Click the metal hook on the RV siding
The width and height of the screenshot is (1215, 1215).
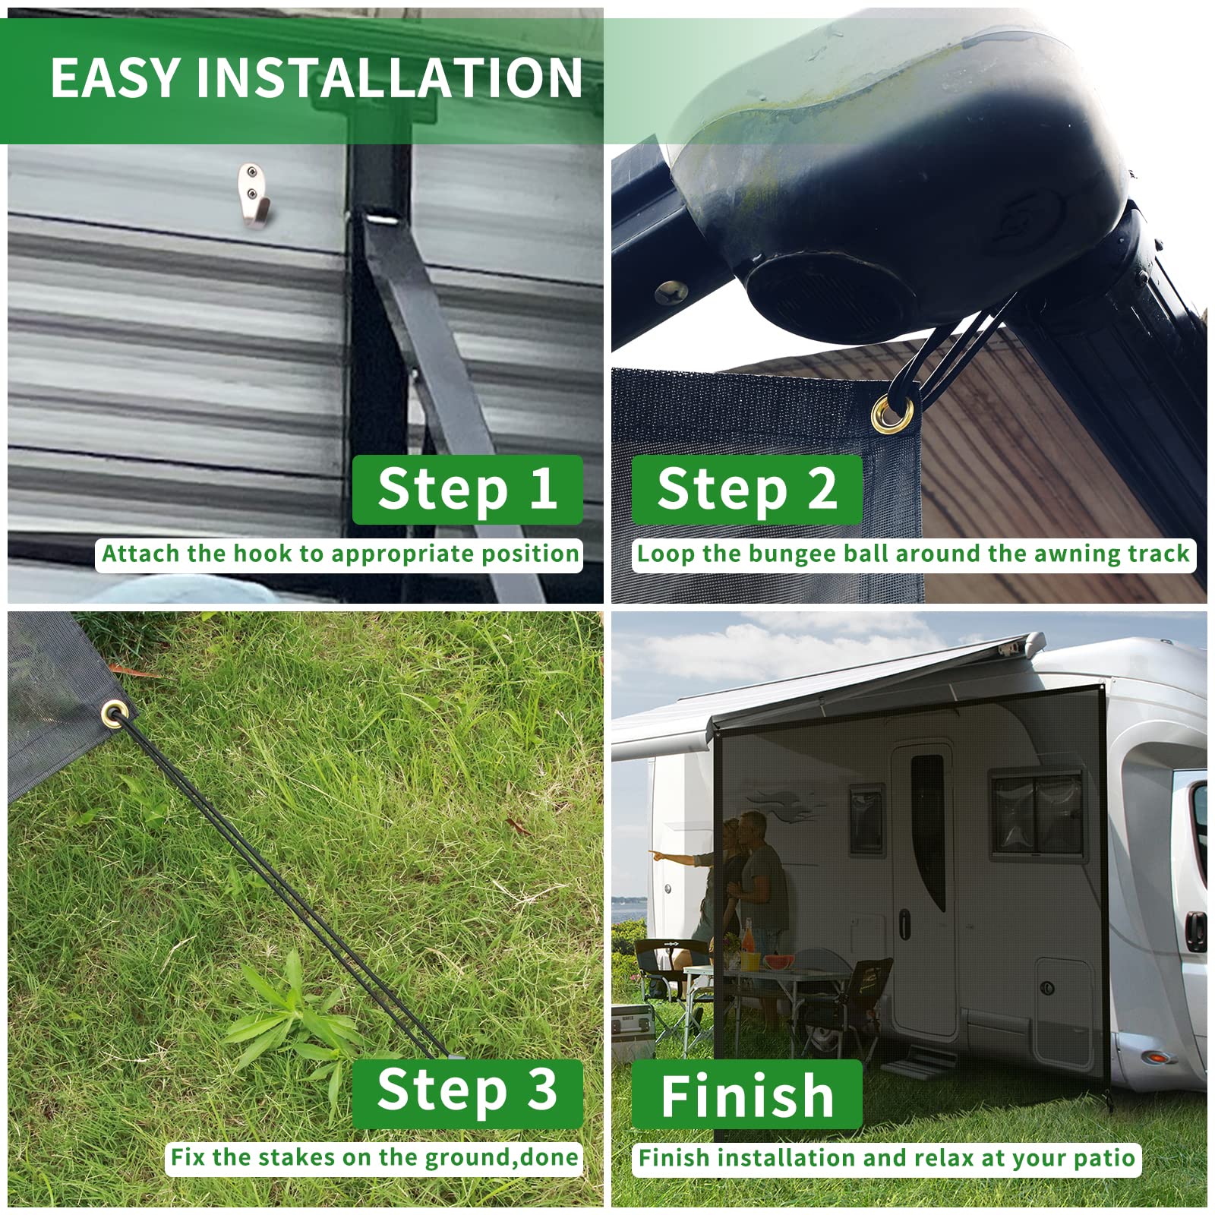251,194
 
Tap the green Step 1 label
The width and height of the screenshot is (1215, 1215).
468,490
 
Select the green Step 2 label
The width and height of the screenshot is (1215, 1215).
747,490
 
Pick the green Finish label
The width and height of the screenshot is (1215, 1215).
747,1093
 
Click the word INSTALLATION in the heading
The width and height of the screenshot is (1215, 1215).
390,77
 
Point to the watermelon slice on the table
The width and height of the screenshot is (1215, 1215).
779,962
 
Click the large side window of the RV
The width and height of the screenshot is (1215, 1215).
1037,813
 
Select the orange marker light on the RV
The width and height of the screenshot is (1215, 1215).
1154,1056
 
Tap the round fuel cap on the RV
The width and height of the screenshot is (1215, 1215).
1048,988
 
